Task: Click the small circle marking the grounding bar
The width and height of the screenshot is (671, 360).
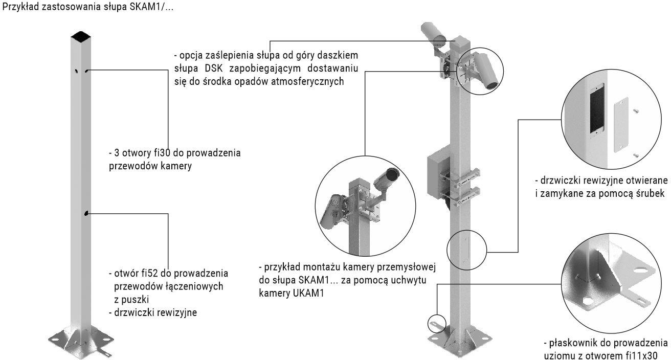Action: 434,323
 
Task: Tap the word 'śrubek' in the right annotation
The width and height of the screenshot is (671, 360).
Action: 651,193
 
